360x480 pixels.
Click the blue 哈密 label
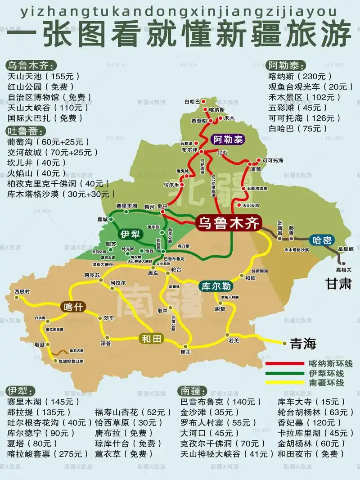click(x=322, y=240)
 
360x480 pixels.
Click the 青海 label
click(x=303, y=344)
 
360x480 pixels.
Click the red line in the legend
click(x=284, y=363)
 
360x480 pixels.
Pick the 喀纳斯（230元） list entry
click(x=300, y=76)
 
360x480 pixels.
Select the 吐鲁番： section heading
click(x=26, y=131)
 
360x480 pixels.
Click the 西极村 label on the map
click(x=22, y=291)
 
